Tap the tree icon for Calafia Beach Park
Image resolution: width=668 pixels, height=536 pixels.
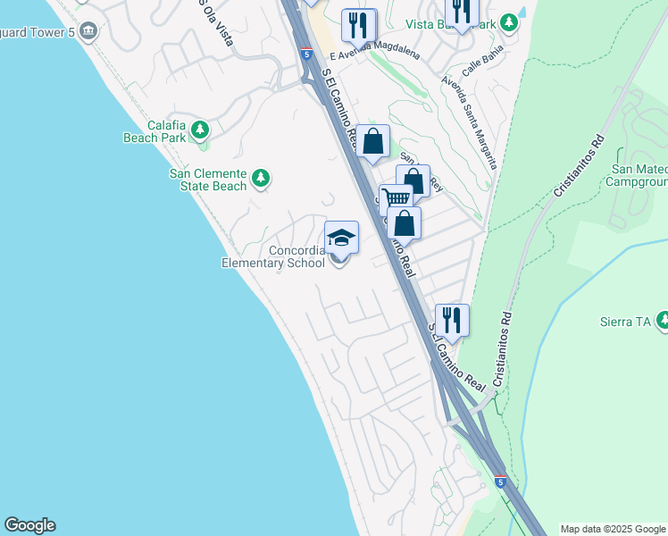200,131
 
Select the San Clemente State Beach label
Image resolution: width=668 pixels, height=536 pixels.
207,180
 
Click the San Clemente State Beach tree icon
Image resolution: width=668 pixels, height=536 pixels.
261,179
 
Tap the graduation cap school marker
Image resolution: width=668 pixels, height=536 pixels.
341,239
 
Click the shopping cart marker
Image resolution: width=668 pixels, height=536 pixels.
395,200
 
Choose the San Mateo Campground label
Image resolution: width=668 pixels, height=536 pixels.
639,175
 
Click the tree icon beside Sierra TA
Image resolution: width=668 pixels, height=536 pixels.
663,319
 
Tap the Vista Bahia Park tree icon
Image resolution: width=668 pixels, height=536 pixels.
509,22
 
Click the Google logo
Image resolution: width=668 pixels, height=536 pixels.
29,525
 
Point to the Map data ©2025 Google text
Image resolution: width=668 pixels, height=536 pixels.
613,529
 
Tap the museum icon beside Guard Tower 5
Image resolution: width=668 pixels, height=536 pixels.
88,32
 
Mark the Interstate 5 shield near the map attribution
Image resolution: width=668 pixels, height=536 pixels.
501,482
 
